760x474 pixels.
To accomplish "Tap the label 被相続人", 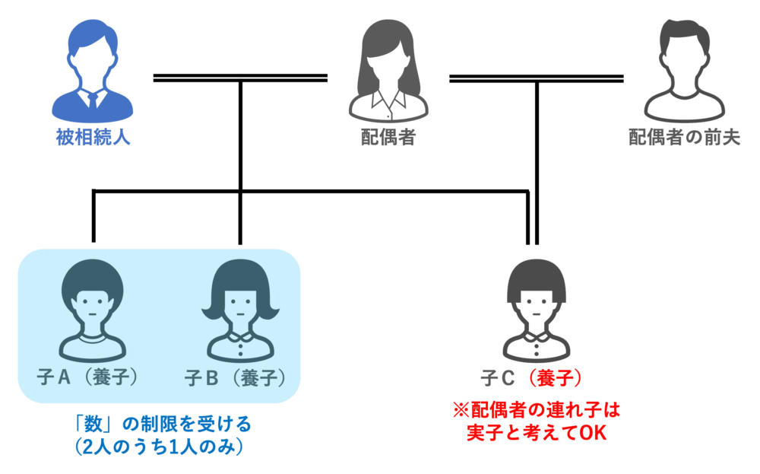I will click(93, 138).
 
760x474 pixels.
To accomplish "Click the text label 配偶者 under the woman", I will click(388, 138).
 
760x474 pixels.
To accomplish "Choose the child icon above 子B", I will click(240, 312).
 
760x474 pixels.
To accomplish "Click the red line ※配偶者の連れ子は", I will click(537, 411).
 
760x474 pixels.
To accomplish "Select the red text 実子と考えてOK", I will click(537, 434).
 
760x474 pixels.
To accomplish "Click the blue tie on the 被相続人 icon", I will click(93, 99).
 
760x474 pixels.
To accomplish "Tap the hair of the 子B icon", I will click(240, 276).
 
